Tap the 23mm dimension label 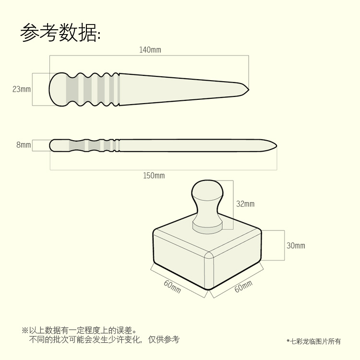click(22, 89)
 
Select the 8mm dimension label click(24, 144)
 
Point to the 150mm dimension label click(154, 176)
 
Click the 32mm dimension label click(245, 204)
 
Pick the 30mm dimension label click(296, 246)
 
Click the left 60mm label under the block click(172, 287)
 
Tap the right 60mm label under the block click(243, 287)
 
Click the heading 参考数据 click(60, 33)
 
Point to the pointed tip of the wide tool click(248, 89)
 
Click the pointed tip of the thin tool click(276, 145)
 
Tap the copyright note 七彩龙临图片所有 click(315, 341)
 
